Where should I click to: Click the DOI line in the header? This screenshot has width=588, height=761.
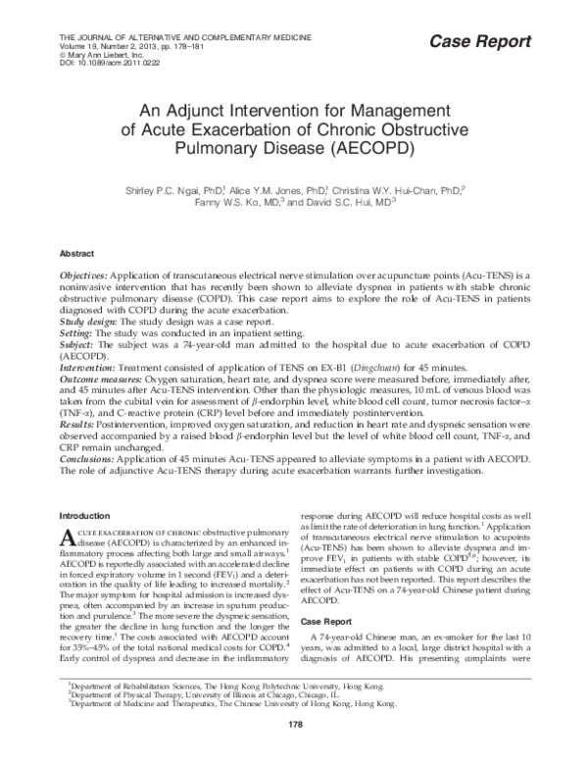tap(94, 61)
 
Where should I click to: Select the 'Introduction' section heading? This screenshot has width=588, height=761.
tap(85, 515)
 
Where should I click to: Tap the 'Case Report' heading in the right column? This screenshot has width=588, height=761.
tap(324, 622)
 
